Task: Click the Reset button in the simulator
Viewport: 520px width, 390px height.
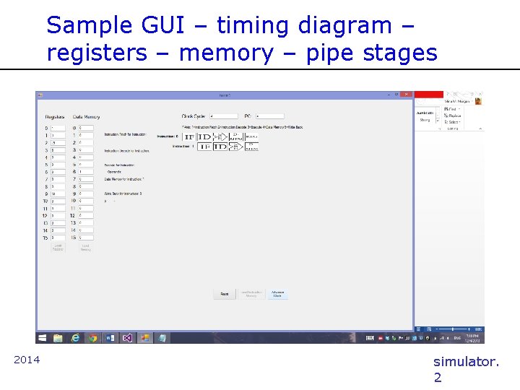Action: click(x=225, y=294)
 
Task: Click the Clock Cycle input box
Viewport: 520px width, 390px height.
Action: click(x=223, y=116)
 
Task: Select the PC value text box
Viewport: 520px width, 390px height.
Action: click(x=269, y=116)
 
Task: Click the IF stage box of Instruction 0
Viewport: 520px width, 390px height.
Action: click(x=188, y=136)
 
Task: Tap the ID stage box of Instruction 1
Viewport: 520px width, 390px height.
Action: click(x=220, y=147)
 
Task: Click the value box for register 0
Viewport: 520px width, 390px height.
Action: click(x=58, y=128)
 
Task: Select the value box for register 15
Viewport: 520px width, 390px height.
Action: click(x=58, y=238)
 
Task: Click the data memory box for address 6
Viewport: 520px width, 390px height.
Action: click(x=86, y=172)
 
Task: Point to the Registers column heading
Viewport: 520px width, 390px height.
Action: click(x=55, y=116)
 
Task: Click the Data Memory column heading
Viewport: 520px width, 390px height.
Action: click(x=86, y=116)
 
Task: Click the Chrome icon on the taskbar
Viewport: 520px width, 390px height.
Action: click(x=92, y=337)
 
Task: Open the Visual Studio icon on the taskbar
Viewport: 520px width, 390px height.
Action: click(x=127, y=337)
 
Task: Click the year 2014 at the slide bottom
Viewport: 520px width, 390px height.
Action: click(x=27, y=360)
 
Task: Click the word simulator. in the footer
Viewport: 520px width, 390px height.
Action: click(x=465, y=361)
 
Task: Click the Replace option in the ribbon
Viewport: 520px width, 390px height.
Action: click(x=454, y=116)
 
